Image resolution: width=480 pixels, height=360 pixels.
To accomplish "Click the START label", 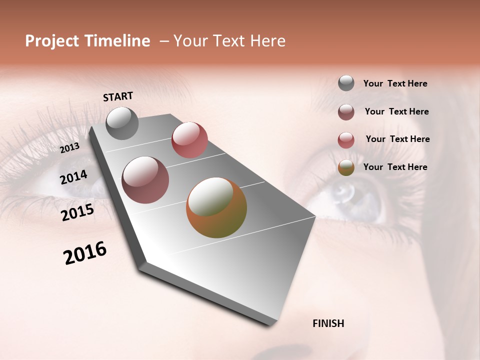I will point(118,96).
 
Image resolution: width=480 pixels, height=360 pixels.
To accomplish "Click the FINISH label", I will point(328,323).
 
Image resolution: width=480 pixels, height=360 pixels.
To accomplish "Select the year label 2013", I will point(69,148).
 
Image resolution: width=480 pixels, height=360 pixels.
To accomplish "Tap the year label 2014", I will point(73,177).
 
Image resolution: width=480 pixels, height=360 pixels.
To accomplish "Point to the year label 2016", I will point(85,253).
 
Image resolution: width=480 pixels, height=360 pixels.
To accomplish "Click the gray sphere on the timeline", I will point(122,123).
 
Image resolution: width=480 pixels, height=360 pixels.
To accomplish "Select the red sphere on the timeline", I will point(189,139).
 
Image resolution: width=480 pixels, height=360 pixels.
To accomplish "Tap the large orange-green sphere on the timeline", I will point(216,207).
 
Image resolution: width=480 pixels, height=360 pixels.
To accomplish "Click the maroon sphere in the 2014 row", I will point(145,180).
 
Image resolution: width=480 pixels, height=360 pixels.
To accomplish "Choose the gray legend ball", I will point(346,83).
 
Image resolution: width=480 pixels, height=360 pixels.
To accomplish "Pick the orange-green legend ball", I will point(346,167).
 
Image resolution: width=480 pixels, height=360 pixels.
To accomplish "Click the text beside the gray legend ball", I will point(395,83).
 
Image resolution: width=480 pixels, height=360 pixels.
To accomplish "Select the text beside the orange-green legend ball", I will point(395,167).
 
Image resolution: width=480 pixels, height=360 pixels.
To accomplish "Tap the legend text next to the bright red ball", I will point(397,139).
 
